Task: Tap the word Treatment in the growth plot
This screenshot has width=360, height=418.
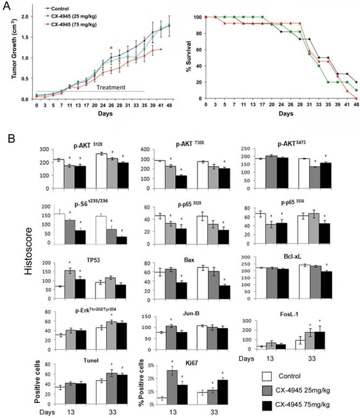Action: (111, 86)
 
